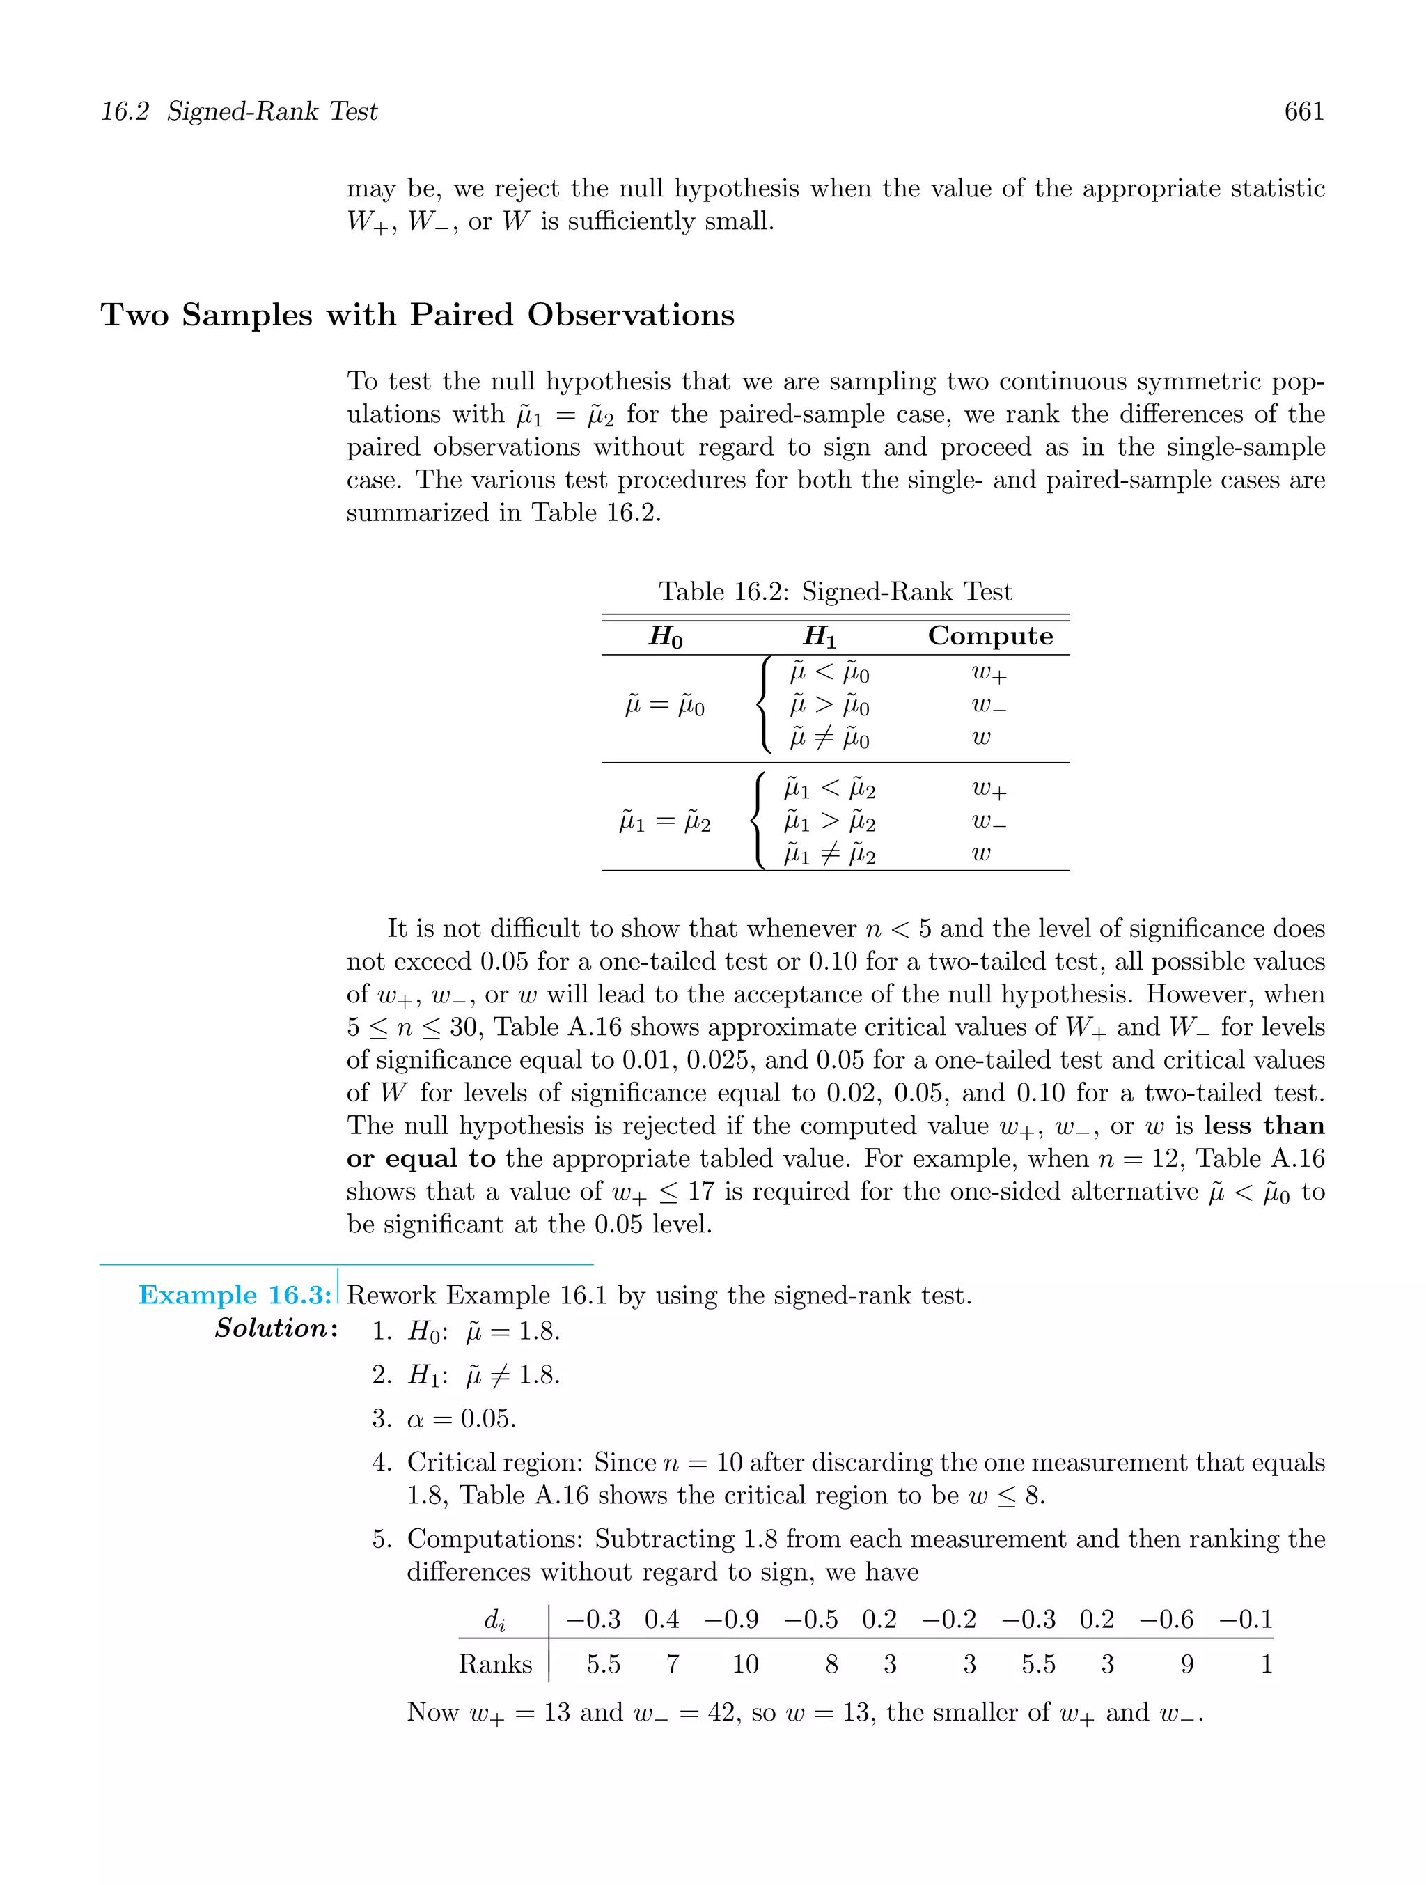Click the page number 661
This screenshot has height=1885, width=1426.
tap(1303, 111)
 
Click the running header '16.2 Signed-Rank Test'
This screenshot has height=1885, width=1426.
tap(240, 111)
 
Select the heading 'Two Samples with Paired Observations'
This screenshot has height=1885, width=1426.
tap(417, 316)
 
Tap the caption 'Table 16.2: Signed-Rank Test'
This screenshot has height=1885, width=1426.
tap(835, 591)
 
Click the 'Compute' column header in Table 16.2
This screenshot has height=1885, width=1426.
tap(990, 636)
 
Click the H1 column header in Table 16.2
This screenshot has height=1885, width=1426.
tap(820, 637)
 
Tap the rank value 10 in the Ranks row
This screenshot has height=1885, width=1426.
tap(744, 1664)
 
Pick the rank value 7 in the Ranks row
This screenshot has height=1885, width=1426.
tap(672, 1664)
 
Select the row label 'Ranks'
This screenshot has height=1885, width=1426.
tap(495, 1664)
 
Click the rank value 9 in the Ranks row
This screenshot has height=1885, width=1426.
tap(1186, 1664)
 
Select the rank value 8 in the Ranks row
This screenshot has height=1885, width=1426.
tap(831, 1664)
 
